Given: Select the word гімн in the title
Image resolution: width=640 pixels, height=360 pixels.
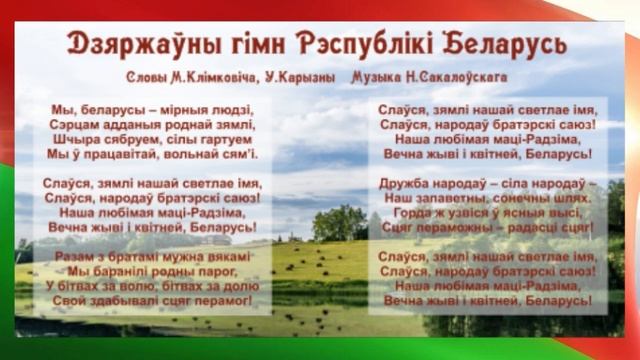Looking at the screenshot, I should click(247, 44).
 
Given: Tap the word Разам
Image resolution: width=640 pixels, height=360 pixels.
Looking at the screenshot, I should click(67, 257).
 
